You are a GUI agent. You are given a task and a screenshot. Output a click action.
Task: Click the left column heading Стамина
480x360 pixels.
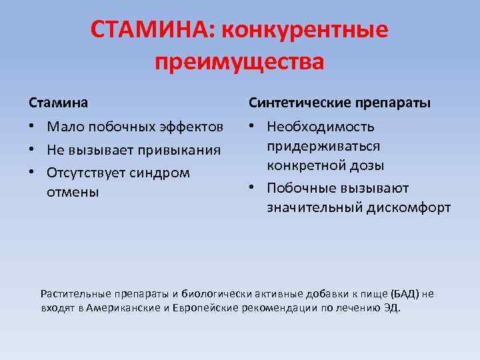pyautogui.click(x=58, y=103)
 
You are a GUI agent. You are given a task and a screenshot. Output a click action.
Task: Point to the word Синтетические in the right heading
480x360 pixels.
pyautogui.click(x=297, y=103)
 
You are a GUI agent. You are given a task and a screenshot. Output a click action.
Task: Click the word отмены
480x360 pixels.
pyautogui.click(x=73, y=193)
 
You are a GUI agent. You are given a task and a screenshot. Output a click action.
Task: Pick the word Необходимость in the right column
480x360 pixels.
pyautogui.click(x=321, y=127)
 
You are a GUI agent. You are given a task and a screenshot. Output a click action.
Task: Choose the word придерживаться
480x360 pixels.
pyautogui.click(x=323, y=146)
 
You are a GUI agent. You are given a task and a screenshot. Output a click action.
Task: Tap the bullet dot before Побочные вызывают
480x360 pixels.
pyautogui.click(x=253, y=189)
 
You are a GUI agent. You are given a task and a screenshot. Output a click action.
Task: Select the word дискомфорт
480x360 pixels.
pyautogui.click(x=409, y=208)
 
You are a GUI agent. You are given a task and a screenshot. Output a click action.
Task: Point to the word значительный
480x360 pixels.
pyautogui.click(x=314, y=208)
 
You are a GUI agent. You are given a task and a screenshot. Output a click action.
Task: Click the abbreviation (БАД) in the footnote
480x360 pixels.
pyautogui.click(x=405, y=293)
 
